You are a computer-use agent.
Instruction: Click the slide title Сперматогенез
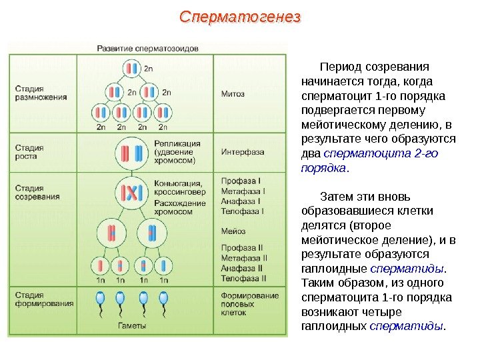(241, 16)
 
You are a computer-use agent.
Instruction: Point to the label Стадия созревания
(37, 192)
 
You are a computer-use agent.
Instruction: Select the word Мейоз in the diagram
(233, 231)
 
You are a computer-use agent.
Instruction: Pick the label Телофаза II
(244, 277)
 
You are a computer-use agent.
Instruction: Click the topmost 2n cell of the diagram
(132, 69)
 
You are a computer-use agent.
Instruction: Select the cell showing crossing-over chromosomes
(131, 193)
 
